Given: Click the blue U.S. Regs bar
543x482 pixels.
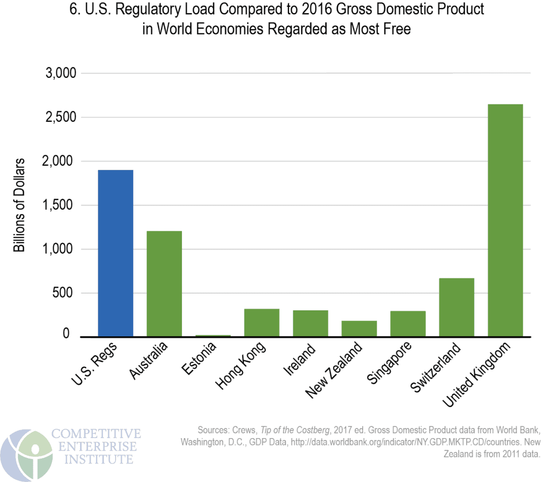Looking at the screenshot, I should tap(115, 253).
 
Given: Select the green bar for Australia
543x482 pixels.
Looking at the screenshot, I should tap(164, 283).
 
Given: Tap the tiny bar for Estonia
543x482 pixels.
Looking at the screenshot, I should tap(213, 335).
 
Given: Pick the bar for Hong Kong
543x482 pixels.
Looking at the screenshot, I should tap(261, 323).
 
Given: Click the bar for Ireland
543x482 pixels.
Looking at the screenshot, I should tap(310, 323).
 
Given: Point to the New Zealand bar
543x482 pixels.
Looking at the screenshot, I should tap(359, 328).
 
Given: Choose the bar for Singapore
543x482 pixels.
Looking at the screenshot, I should tap(407, 324).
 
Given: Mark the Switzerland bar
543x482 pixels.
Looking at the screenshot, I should tap(456, 307).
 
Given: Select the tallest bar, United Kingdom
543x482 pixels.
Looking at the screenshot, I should tap(505, 220).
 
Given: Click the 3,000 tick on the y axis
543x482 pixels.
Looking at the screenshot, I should tap(59, 73).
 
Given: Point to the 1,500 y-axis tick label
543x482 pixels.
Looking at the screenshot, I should tap(59, 205).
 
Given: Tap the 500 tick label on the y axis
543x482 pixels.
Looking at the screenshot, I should tap(63, 293).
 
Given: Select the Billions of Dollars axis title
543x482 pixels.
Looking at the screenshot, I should tap(19, 204).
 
